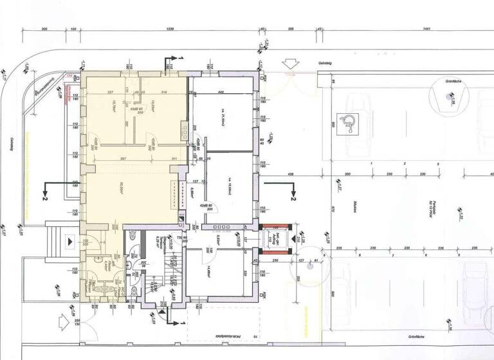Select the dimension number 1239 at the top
pyautogui.click(x=170, y=30)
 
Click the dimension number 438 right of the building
pyautogui.click(x=290, y=175)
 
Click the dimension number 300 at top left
pyautogui.click(x=44, y=30)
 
